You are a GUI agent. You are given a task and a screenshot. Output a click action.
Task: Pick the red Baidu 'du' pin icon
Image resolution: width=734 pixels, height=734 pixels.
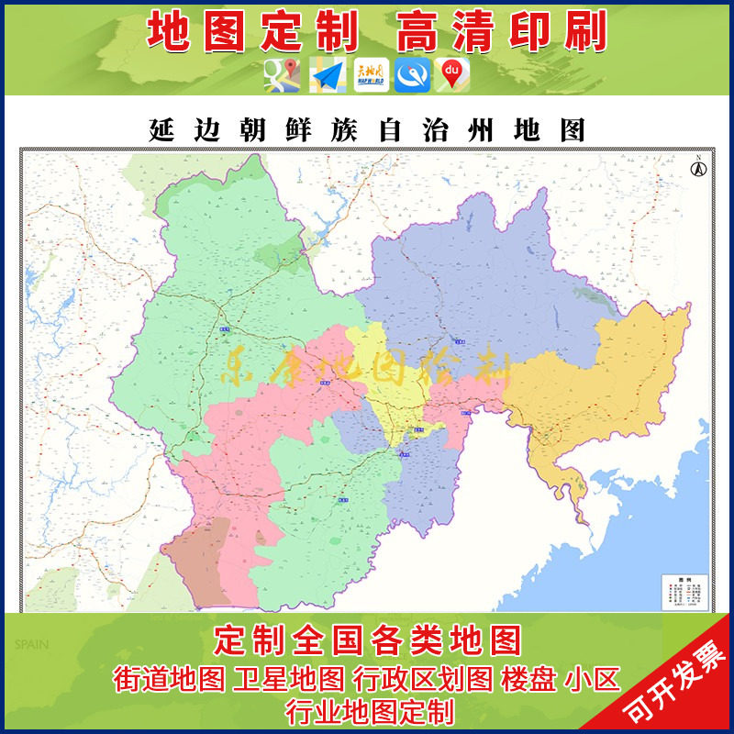451,75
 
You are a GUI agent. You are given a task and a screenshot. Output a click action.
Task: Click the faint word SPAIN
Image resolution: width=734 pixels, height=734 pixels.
29,644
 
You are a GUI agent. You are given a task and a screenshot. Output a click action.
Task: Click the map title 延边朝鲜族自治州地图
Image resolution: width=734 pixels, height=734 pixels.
367,130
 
